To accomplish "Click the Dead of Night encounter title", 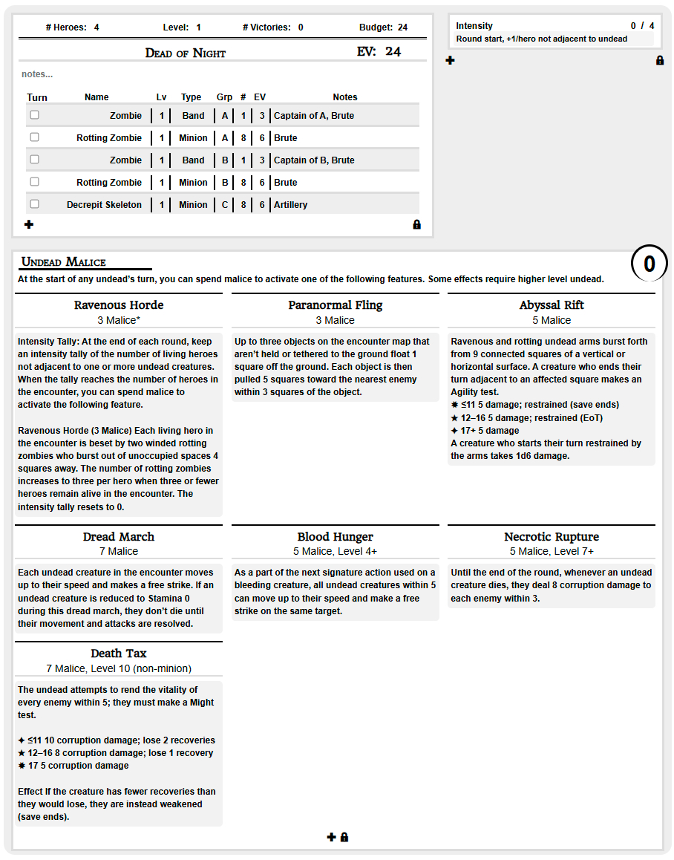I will pyautogui.click(x=186, y=53).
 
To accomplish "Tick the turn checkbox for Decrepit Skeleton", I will pyautogui.click(x=34, y=204).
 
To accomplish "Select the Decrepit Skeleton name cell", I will pyautogui.click(x=104, y=205).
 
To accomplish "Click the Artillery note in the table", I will pyautogui.click(x=291, y=205).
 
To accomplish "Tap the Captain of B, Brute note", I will pyautogui.click(x=314, y=160).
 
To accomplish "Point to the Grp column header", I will pyautogui.click(x=224, y=97).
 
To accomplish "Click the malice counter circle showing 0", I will pyautogui.click(x=650, y=264).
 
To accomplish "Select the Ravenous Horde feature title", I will pyautogui.click(x=119, y=305).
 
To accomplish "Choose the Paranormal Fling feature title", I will pyautogui.click(x=336, y=305).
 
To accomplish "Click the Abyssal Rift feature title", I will pyautogui.click(x=552, y=305).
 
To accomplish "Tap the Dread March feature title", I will pyautogui.click(x=119, y=537).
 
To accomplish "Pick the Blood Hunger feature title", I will pyautogui.click(x=336, y=537).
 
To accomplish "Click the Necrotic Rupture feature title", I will pyautogui.click(x=552, y=537).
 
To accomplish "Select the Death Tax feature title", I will pyautogui.click(x=119, y=654).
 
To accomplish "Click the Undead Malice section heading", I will pyautogui.click(x=64, y=262).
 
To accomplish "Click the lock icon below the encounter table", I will pyautogui.click(x=416, y=224).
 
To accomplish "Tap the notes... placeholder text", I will pyautogui.click(x=37, y=74).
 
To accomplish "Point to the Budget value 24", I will pyautogui.click(x=402, y=27).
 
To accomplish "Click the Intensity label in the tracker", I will pyautogui.click(x=474, y=26).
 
